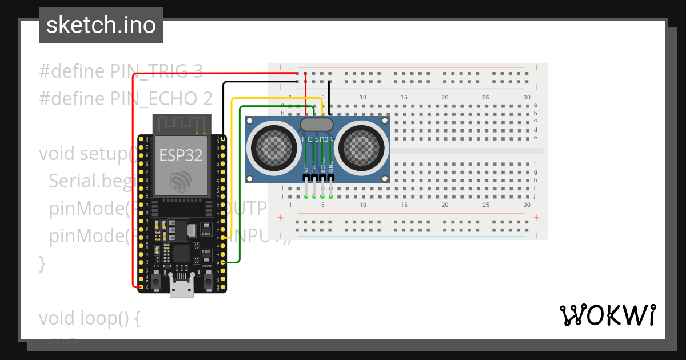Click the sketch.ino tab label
pyautogui.click(x=101, y=25)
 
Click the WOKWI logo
pyautogui.click(x=607, y=315)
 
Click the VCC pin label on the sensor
pyautogui.click(x=307, y=166)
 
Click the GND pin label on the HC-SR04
pyautogui.click(x=331, y=166)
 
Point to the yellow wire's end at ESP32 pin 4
pyautogui.click(x=223, y=237)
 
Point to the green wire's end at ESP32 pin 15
pyautogui.click(x=223, y=262)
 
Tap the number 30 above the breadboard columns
pyautogui.click(x=527, y=98)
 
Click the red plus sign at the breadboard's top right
pyautogui.click(x=536, y=67)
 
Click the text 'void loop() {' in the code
pyautogui.click(x=90, y=318)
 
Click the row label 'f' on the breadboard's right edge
pyautogui.click(x=535, y=163)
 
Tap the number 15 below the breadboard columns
pyautogui.click(x=404, y=205)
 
